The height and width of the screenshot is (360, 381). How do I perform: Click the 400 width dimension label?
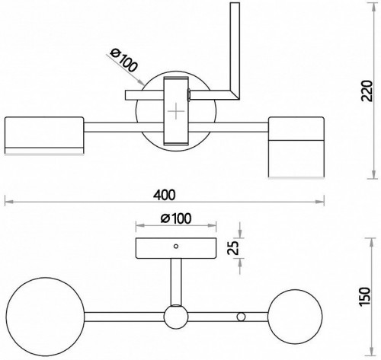click(x=161, y=193)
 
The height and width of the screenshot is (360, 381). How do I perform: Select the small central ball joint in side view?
click(x=176, y=314)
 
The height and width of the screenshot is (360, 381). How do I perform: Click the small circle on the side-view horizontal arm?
click(x=242, y=315)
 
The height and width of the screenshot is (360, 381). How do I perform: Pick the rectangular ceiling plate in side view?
click(x=175, y=248)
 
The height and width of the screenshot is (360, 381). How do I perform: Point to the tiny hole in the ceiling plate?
click(x=175, y=246)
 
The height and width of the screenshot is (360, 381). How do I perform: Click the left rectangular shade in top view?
click(x=43, y=135)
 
